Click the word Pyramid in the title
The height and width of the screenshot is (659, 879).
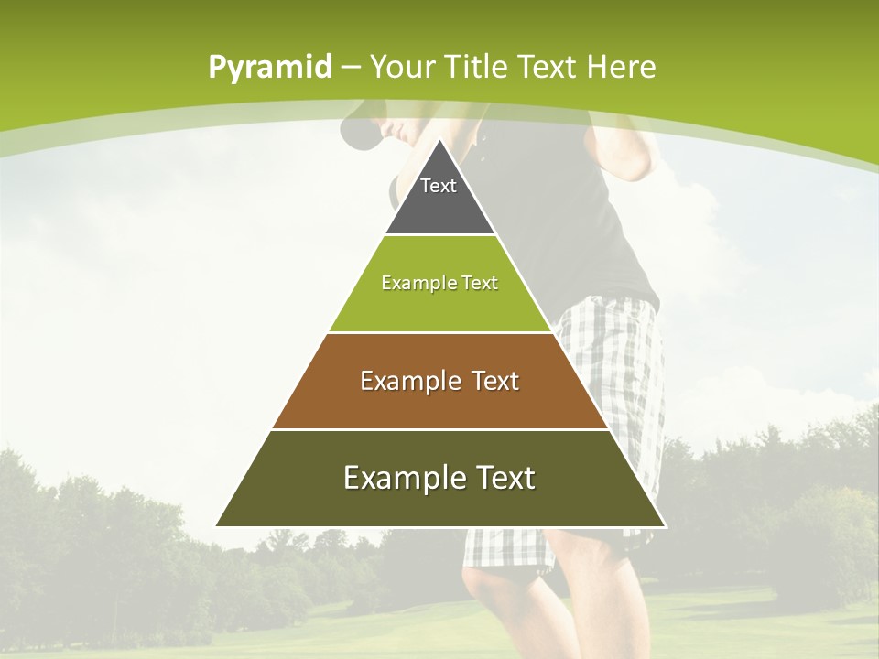pyautogui.click(x=269, y=68)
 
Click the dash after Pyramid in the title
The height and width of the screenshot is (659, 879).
pyautogui.click(x=351, y=68)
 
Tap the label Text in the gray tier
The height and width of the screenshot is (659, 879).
pyautogui.click(x=439, y=186)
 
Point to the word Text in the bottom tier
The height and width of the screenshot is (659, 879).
pyautogui.click(x=501, y=478)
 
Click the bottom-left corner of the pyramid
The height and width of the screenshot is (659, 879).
pyautogui.click(x=216, y=526)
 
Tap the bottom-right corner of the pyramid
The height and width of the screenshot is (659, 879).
pyautogui.click(x=665, y=526)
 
